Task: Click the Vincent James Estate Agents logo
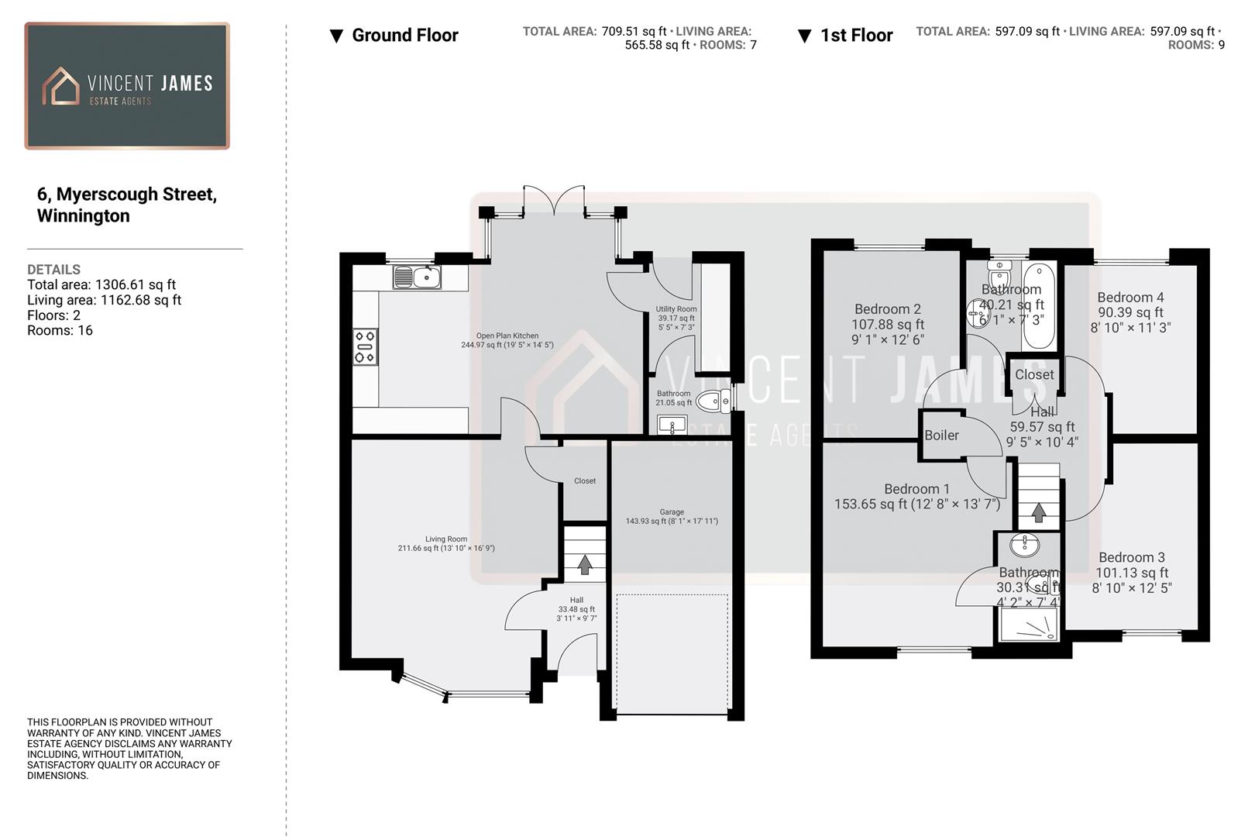click(x=127, y=85)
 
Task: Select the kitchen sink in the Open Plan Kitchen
click(x=417, y=277)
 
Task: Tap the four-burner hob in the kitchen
click(x=365, y=346)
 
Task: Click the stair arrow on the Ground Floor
click(x=585, y=564)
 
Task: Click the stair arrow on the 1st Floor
click(x=1039, y=512)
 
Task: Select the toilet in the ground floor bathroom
click(x=713, y=401)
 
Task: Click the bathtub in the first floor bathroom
click(x=1038, y=306)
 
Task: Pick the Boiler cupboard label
click(x=941, y=436)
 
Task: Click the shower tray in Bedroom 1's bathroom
click(x=1029, y=625)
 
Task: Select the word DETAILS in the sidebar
click(x=53, y=270)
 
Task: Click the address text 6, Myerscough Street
click(x=127, y=195)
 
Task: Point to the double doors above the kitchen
click(x=553, y=201)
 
